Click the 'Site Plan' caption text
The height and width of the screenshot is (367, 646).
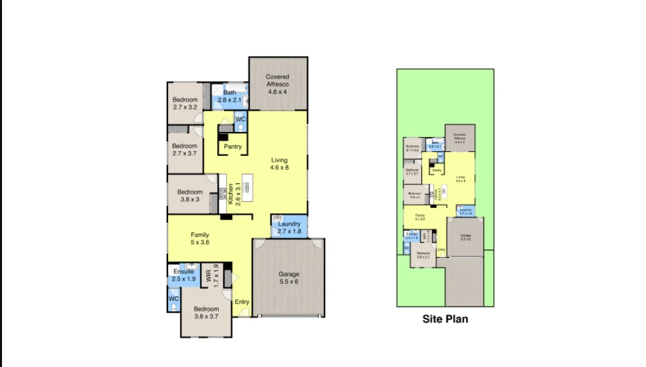[x=445, y=319]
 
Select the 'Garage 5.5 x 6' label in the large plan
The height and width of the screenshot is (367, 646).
[x=289, y=278]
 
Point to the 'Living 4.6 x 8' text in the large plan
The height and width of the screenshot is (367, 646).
[x=279, y=164]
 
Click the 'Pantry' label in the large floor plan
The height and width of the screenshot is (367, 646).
[x=233, y=147]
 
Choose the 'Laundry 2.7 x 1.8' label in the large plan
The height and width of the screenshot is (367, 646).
[x=289, y=228]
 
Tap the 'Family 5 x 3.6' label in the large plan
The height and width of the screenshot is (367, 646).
[x=200, y=238]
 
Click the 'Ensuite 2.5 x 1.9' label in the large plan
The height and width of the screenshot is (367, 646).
[x=183, y=275]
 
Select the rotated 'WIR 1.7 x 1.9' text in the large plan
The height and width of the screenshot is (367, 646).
[x=212, y=275]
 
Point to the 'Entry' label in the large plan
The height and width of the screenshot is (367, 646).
[x=242, y=302]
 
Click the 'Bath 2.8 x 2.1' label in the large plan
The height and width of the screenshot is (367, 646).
[x=230, y=96]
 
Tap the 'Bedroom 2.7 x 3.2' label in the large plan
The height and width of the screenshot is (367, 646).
[x=185, y=103]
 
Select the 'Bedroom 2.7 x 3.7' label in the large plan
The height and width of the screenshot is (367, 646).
[x=185, y=149]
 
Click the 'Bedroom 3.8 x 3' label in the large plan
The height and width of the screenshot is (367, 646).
[x=189, y=196]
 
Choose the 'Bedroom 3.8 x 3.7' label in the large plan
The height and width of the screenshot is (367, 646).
[x=206, y=313]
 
